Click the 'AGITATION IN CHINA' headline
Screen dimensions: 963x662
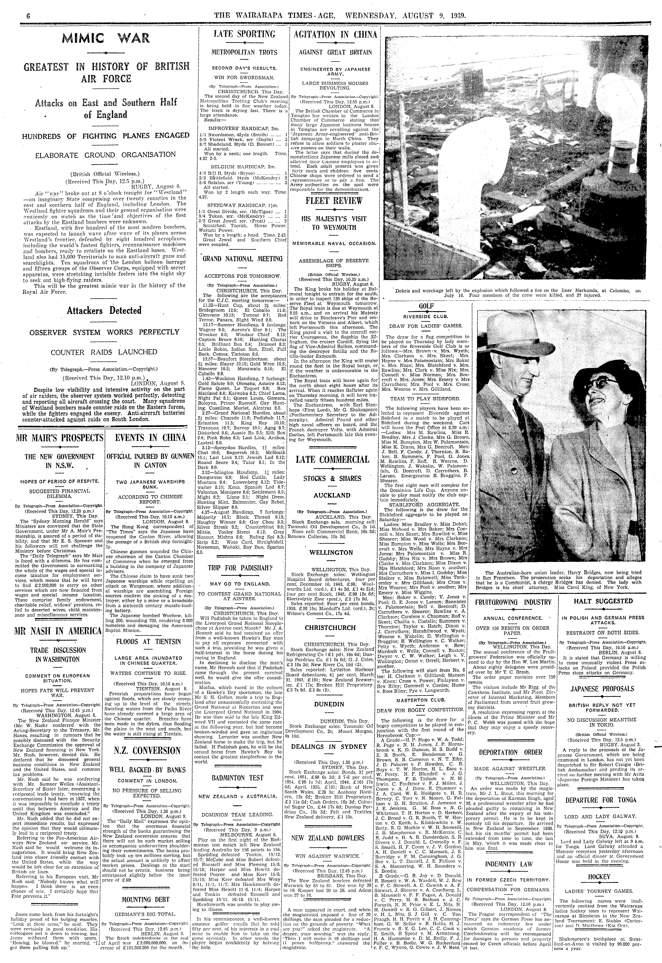point(335,35)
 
